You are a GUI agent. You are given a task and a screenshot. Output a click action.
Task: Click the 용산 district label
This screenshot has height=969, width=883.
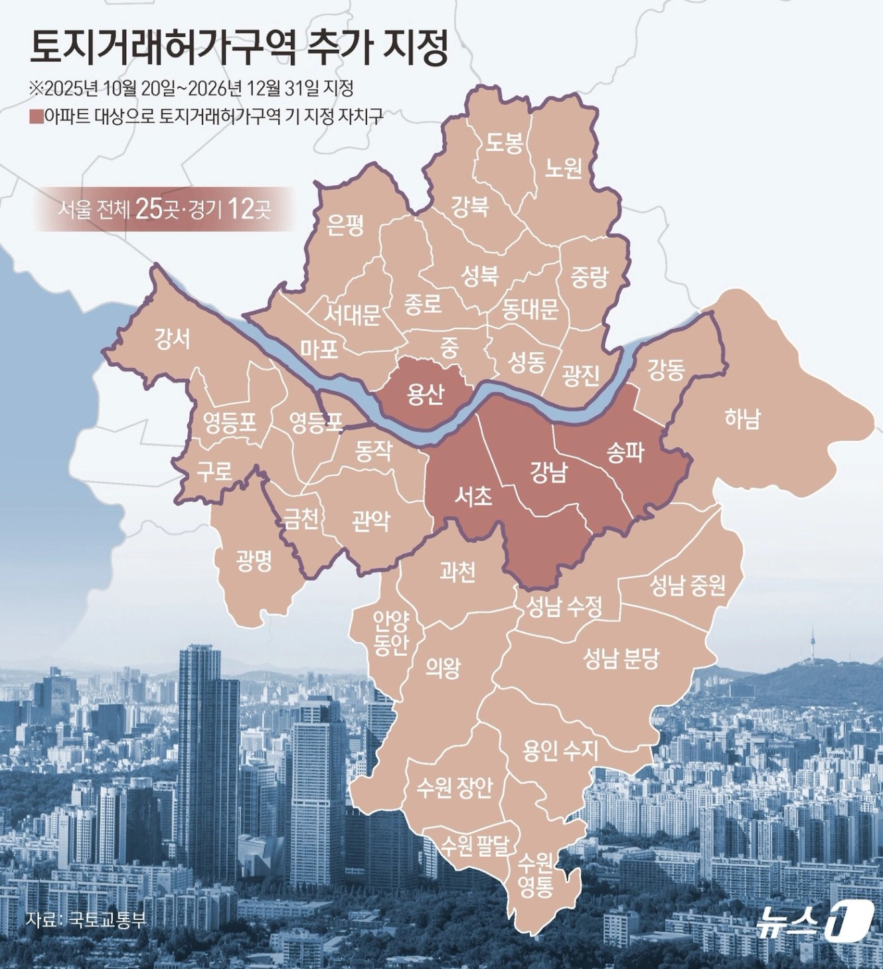pos(426,394)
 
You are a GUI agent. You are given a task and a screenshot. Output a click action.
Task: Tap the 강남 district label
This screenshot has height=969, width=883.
pos(548,472)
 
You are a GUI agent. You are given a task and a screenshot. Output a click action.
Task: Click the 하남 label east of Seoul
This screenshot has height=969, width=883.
pos(742,419)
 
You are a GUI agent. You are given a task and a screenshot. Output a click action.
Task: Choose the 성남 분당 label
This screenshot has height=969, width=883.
pos(621,658)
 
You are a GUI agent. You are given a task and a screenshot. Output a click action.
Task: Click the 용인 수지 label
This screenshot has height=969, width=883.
pos(560,750)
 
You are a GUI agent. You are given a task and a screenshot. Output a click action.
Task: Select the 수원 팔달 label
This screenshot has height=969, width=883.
pos(475,844)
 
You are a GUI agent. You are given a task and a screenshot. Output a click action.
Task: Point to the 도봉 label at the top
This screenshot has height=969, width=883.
pos(505,142)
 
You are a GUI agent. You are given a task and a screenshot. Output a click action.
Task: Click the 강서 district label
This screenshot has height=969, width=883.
pos(172,338)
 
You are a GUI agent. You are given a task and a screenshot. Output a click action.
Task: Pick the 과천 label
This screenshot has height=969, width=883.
pos(457,571)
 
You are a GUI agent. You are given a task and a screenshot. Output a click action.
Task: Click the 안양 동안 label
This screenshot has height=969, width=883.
pos(390,633)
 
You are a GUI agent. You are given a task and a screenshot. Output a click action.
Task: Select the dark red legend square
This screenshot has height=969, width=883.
pos(37,117)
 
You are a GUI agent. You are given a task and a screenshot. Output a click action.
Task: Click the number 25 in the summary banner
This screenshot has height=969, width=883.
pos(148,210)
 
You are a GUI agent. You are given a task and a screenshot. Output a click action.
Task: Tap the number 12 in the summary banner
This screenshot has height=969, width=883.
pos(240,210)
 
